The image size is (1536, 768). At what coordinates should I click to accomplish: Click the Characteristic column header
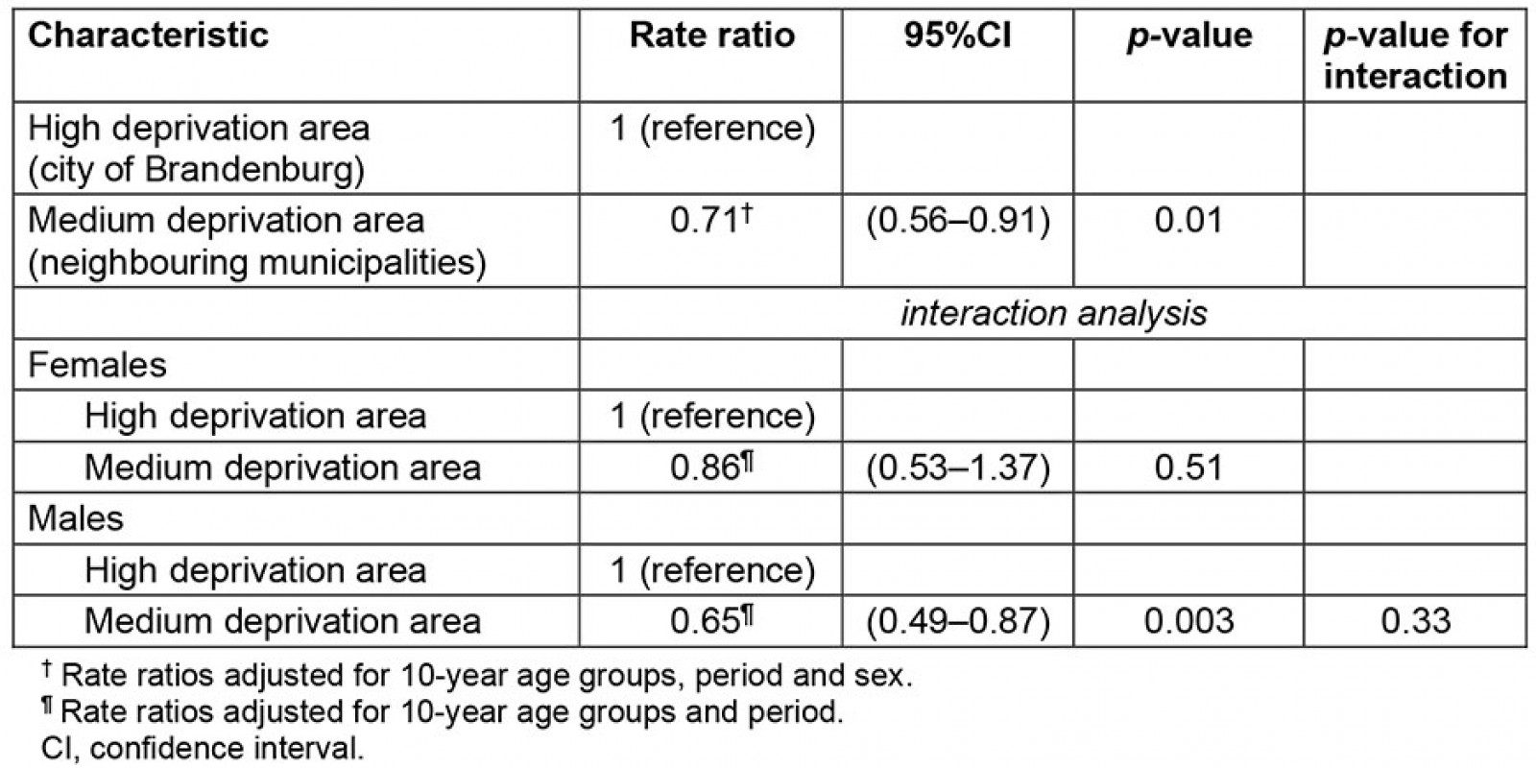point(148,36)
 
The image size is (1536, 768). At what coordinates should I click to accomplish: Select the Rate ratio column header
point(711,36)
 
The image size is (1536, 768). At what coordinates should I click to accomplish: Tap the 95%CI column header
point(957,36)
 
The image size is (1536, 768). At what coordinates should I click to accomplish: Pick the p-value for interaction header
point(1414,56)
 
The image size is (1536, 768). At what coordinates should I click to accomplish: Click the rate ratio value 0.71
point(706,221)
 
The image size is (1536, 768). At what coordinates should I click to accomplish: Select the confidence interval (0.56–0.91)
point(958,221)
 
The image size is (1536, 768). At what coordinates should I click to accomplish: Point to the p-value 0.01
point(1188,221)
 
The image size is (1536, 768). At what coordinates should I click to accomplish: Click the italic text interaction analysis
point(1053,314)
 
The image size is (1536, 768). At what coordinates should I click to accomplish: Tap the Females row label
point(97,365)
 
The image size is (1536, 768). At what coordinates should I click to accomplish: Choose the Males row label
point(76,518)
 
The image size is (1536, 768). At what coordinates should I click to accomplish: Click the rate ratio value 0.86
point(706,468)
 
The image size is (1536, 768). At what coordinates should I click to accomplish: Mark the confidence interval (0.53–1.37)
point(958,468)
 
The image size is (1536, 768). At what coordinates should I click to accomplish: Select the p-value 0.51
point(1188,468)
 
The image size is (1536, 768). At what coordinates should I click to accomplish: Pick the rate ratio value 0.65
point(706,621)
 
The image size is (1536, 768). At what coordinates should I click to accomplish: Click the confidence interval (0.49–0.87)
point(958,621)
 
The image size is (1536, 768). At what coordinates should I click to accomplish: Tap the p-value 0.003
point(1188,621)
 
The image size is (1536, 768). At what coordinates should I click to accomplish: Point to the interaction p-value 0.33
point(1415,621)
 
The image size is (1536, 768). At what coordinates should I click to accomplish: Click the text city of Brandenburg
point(197,170)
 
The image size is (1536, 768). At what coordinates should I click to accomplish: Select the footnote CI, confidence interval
point(197,748)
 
